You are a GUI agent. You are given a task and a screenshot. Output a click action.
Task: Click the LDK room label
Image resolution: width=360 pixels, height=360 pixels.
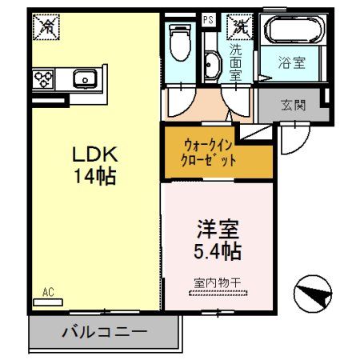(x=96, y=154)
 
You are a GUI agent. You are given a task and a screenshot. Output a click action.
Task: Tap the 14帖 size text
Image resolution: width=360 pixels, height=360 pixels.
(x=96, y=176)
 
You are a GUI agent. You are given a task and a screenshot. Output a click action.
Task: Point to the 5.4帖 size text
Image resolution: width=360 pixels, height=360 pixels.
(x=218, y=251)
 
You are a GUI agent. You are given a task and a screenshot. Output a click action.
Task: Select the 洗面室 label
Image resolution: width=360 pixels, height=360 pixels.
(x=236, y=61)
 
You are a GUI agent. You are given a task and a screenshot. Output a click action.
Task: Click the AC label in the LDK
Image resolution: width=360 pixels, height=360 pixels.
(x=49, y=294)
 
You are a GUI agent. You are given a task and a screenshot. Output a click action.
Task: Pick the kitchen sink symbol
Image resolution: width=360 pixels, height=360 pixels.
(x=85, y=78)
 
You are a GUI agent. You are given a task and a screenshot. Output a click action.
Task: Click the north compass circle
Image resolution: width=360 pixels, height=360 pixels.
(x=311, y=294)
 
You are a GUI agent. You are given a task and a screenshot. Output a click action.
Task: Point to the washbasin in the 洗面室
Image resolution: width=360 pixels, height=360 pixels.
(x=210, y=64)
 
